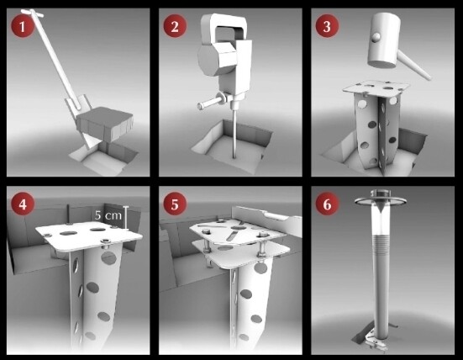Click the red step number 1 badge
(23, 26)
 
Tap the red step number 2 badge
(175, 26)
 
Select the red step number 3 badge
(327, 26)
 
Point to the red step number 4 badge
(23, 204)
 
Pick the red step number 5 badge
(175, 204)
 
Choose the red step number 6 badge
(327, 204)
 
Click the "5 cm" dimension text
(108, 215)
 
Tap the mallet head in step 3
(384, 40)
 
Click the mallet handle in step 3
(415, 65)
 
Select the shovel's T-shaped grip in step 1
(32, 13)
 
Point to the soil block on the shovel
(105, 123)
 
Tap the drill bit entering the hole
(234, 133)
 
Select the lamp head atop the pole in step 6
(381, 199)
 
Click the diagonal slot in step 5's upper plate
(232, 236)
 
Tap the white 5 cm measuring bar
(126, 218)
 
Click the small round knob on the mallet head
(376, 37)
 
